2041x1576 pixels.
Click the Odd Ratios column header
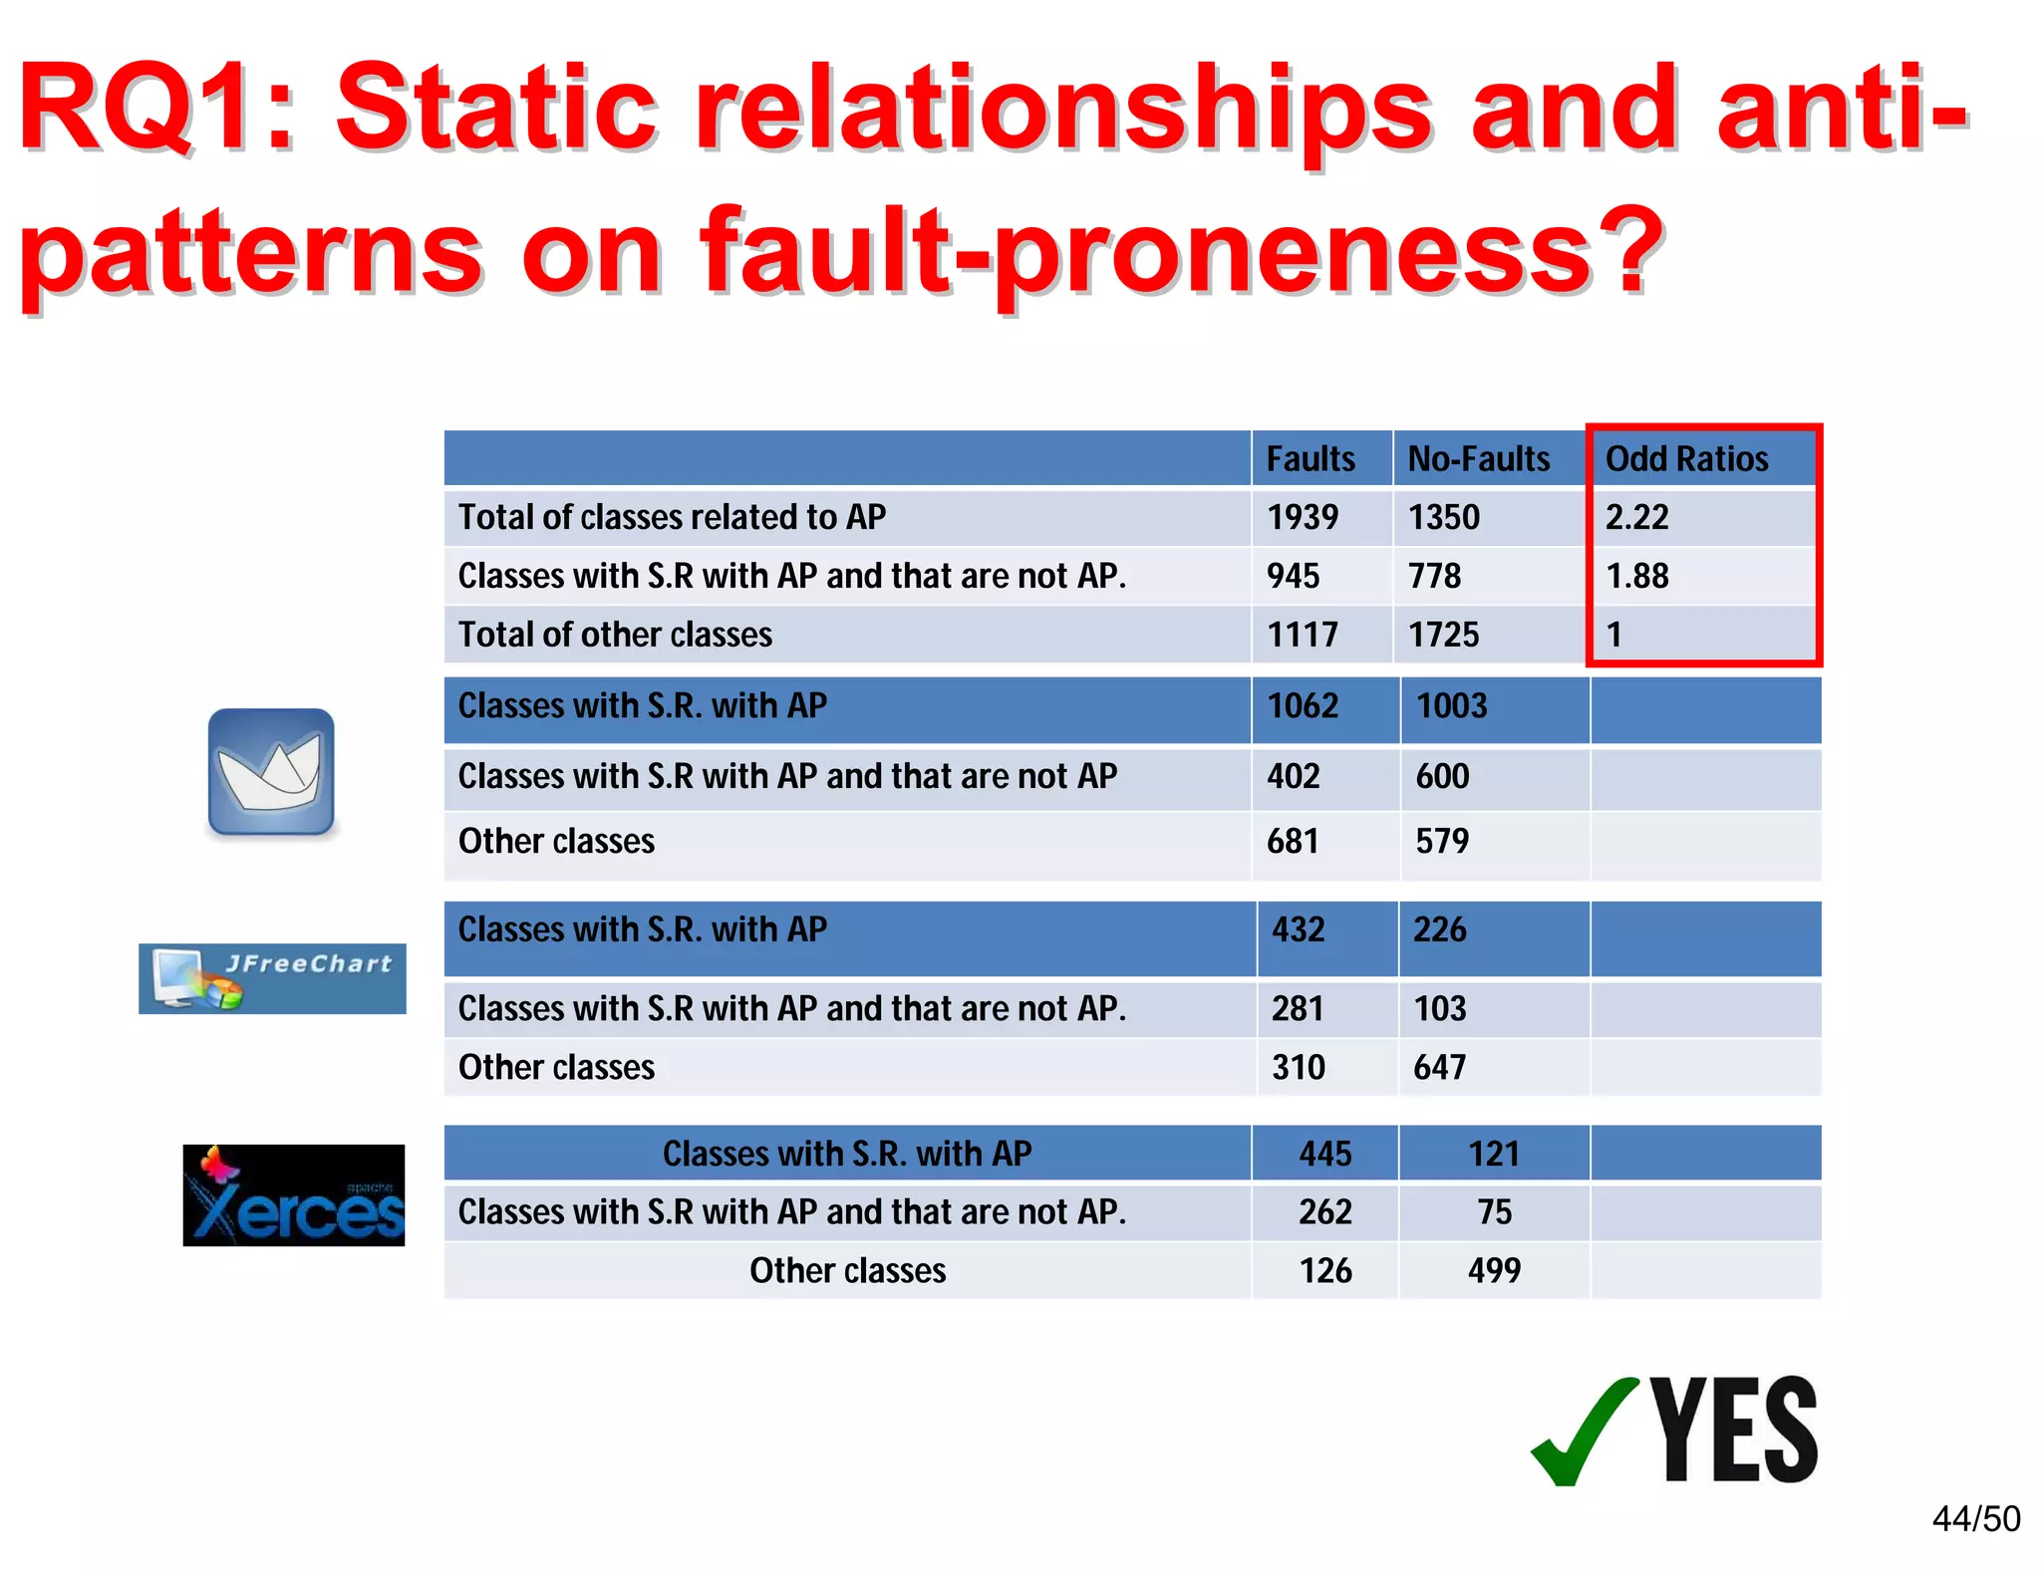(1686, 459)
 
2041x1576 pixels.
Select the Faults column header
(1310, 459)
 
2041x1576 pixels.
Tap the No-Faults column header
(1478, 459)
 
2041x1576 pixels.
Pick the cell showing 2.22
(1636, 517)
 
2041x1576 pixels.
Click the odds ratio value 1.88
(1636, 576)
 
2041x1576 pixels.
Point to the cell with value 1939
(1303, 517)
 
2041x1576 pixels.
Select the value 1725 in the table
(1443, 635)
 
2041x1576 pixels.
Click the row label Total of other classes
(615, 635)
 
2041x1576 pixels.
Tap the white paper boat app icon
(271, 772)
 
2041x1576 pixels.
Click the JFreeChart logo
(272, 978)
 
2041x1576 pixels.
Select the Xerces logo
(294, 1195)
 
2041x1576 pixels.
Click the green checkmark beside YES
(1585, 1433)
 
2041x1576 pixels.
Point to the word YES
(1734, 1431)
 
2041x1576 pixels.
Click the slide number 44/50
(1975, 1519)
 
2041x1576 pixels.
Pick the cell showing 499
(1494, 1270)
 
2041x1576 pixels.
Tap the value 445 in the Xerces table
(1324, 1154)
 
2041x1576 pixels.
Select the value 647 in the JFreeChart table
(1439, 1067)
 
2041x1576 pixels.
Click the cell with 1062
(1303, 705)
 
